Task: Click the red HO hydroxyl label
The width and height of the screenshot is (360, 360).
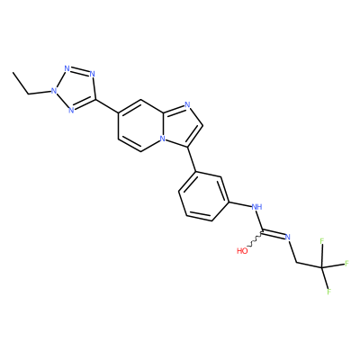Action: (242, 251)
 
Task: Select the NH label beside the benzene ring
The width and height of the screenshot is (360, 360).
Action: (256, 207)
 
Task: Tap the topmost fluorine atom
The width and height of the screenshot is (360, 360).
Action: (322, 241)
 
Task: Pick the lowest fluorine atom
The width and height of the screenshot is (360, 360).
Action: (328, 292)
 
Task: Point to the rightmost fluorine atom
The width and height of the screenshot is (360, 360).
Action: (346, 264)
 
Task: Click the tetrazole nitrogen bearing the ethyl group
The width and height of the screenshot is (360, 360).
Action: (54, 90)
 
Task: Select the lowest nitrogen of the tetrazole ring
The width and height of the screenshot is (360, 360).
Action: (71, 110)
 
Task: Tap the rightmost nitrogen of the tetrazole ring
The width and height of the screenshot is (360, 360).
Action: (92, 74)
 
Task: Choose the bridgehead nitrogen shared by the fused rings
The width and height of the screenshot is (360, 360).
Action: (162, 139)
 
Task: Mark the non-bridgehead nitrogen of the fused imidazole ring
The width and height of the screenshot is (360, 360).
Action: (187, 104)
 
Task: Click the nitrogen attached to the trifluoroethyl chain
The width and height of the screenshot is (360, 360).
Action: (288, 237)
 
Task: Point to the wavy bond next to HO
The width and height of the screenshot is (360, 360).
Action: (255, 240)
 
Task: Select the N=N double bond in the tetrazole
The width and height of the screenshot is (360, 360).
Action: (79, 71)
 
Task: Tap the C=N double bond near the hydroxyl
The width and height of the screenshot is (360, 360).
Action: (274, 234)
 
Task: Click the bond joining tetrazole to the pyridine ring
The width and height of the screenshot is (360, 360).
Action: (107, 106)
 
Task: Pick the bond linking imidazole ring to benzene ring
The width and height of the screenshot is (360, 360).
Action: (192, 159)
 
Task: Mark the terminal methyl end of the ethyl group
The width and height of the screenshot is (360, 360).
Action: (13, 72)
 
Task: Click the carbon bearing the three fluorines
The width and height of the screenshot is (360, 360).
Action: (322, 267)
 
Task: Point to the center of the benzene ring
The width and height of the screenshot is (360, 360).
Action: (204, 196)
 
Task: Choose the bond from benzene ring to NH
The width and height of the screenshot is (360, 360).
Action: (240, 204)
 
